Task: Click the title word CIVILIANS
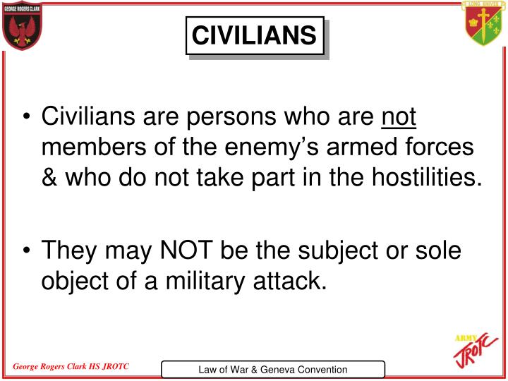pos(254,35)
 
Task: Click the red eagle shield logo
pos(23,26)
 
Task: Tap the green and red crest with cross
pos(483,25)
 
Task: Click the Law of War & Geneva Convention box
pos(273,369)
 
